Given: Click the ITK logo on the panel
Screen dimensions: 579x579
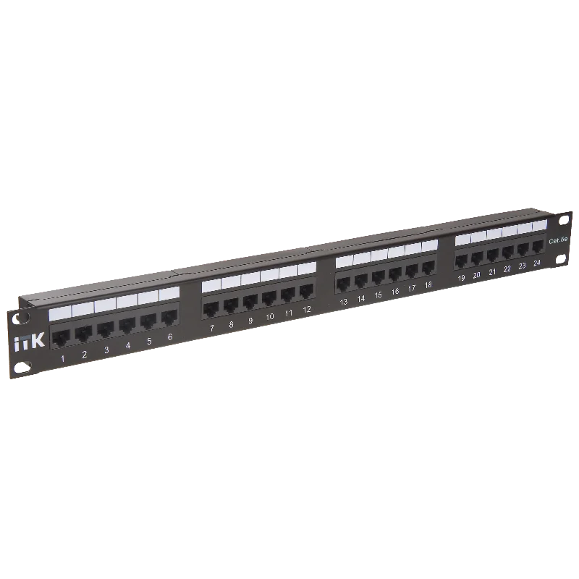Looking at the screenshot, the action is [30, 342].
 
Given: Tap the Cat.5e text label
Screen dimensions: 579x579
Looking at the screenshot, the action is [558, 241].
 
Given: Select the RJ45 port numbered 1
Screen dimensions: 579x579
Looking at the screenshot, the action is [61, 338].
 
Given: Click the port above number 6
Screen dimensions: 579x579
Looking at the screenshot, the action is [169, 318].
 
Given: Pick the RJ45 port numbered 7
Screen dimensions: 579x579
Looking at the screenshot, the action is [211, 310].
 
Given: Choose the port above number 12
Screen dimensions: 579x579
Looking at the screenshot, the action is [306, 292].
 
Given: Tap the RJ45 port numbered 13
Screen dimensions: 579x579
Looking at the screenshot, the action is [343, 284].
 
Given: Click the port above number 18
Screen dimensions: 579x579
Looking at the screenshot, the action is [428, 268].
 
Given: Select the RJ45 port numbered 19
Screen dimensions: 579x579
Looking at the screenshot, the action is [461, 261].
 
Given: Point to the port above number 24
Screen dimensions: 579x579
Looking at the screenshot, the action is [538, 247].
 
